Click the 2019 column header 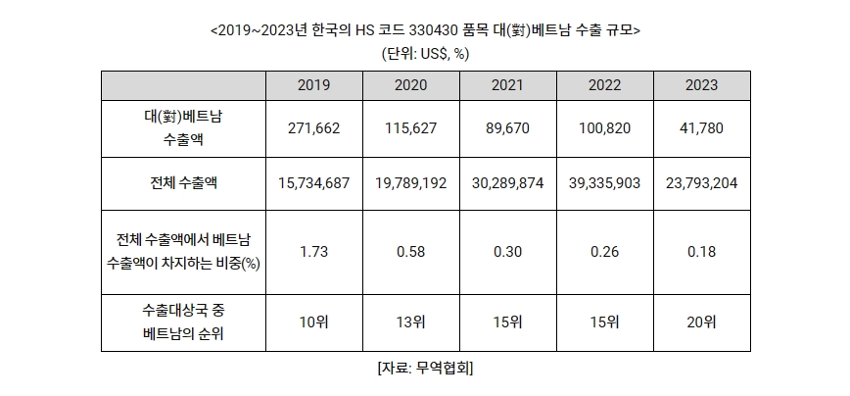pyautogui.click(x=314, y=85)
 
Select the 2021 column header pyautogui.click(x=508, y=85)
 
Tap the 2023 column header pyautogui.click(x=702, y=85)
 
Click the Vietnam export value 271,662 pyautogui.click(x=314, y=127)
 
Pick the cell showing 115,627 pyautogui.click(x=411, y=127)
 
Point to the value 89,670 pyautogui.click(x=508, y=127)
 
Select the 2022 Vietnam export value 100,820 pyautogui.click(x=605, y=127)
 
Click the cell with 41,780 pyautogui.click(x=702, y=127)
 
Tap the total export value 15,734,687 pyautogui.click(x=314, y=182)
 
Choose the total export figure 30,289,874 pyautogui.click(x=508, y=182)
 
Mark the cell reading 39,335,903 pyautogui.click(x=605, y=182)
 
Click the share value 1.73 pyautogui.click(x=314, y=252)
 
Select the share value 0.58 pyautogui.click(x=411, y=252)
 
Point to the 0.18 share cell pyautogui.click(x=702, y=252)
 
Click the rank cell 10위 pyautogui.click(x=314, y=322)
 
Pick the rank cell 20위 pyautogui.click(x=702, y=322)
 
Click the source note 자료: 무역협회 pyautogui.click(x=424, y=369)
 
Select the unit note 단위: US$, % pyautogui.click(x=424, y=52)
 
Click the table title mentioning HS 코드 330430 pyautogui.click(x=424, y=29)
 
